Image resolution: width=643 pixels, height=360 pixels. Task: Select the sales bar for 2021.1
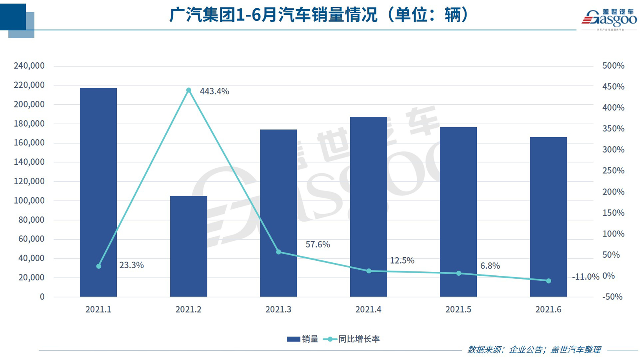click(98, 192)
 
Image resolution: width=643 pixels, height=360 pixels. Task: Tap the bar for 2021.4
click(369, 207)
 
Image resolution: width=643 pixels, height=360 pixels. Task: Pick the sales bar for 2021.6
click(548, 217)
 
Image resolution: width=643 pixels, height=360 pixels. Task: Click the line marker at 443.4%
click(189, 91)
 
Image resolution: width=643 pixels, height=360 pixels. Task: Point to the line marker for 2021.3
click(279, 252)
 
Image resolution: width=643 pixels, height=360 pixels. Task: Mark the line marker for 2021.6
click(549, 281)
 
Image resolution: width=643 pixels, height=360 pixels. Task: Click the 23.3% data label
click(131, 265)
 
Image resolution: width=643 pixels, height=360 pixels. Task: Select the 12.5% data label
click(402, 261)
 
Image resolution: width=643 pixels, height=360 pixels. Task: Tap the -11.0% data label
click(585, 277)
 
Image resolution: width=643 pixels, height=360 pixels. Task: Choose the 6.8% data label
click(490, 266)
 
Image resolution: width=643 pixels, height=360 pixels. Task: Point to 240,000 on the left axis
click(29, 66)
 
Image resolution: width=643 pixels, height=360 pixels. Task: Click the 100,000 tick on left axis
click(29, 200)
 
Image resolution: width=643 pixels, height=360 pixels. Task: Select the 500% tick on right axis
click(613, 66)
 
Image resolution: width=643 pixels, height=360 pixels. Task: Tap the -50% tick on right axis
click(612, 297)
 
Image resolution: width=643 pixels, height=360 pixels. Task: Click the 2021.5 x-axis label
click(458, 309)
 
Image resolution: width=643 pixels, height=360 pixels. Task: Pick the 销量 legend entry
click(303, 339)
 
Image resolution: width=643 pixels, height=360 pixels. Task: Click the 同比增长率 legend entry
click(352, 339)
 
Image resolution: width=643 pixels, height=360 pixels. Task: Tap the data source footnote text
click(534, 350)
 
